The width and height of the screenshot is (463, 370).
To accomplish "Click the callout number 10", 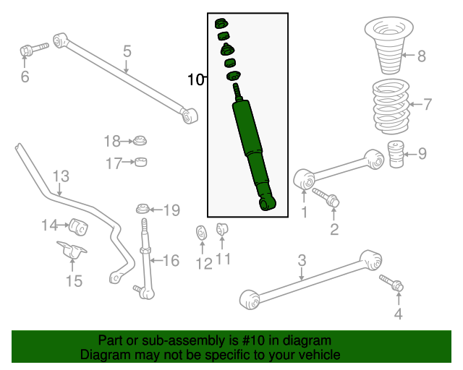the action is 196,79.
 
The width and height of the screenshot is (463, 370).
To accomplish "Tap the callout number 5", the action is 127,51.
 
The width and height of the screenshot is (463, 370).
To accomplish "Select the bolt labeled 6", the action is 34,50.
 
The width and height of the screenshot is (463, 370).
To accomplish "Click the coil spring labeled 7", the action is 391,106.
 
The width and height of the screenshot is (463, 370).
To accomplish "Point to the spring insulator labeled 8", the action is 389,46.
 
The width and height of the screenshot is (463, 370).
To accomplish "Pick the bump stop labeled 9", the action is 396,154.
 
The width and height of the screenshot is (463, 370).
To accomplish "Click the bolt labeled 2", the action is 326,197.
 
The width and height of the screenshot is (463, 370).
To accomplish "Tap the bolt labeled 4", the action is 391,282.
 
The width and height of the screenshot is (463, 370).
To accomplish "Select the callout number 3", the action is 302,260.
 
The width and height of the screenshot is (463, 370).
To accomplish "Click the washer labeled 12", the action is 202,233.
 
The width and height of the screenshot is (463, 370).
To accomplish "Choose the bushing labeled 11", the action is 222,229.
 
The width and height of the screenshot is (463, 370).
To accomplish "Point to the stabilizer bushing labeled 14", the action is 79,227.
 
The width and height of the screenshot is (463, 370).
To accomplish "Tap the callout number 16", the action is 171,261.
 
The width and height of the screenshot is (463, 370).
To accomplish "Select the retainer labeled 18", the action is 140,140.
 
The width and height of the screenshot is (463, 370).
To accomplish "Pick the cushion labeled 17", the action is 141,162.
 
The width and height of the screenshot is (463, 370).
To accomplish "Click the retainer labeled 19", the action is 143,209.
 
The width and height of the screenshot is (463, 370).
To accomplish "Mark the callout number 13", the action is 61,176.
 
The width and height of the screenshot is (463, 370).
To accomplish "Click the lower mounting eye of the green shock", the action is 267,204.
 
